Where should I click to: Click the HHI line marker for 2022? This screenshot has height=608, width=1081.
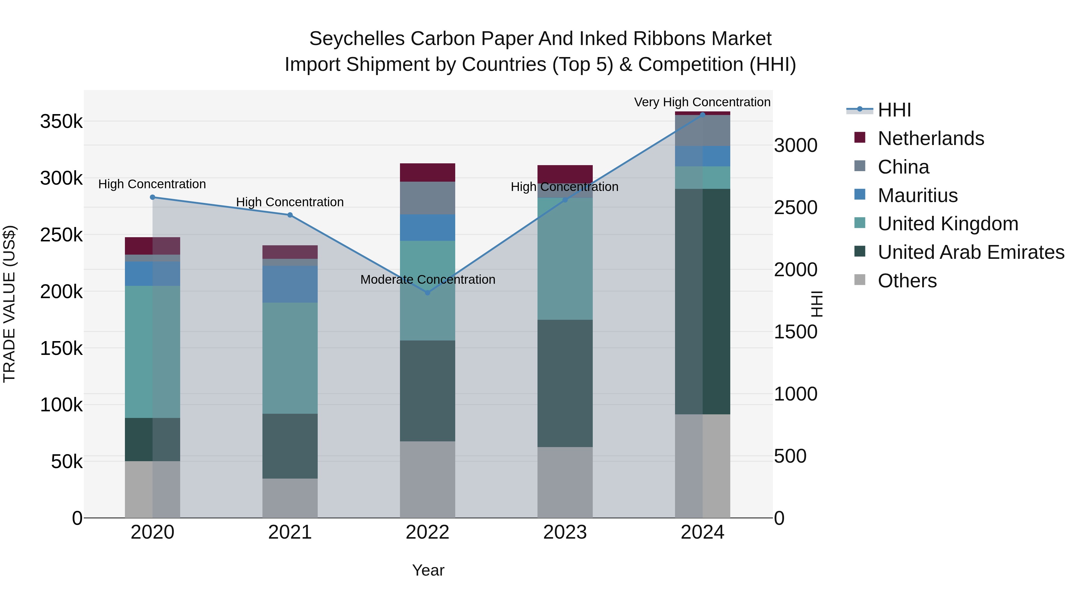pos(427,292)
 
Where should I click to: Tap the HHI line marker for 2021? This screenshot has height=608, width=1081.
pos(290,215)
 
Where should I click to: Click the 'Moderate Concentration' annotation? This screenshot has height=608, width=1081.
pos(428,280)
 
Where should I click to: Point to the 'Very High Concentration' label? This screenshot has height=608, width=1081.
pos(702,102)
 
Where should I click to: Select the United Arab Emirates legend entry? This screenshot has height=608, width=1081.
pos(970,252)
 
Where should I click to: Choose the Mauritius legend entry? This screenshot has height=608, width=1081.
pos(917,195)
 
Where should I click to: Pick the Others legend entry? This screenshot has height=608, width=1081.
pos(907,281)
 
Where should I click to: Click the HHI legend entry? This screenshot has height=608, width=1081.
pos(894,110)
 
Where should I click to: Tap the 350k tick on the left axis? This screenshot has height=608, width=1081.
pos(61,122)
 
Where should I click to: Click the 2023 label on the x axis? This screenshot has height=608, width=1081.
pos(565,532)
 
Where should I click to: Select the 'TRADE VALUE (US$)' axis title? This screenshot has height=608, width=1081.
pos(10,304)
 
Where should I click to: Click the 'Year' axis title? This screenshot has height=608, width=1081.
pos(428,570)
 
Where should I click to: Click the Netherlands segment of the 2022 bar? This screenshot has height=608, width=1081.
pos(427,172)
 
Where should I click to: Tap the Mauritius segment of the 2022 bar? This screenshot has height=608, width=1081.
pos(427,227)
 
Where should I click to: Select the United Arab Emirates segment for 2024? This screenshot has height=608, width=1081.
pos(702,301)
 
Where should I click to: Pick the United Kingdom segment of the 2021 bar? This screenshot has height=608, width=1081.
pos(290,358)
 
